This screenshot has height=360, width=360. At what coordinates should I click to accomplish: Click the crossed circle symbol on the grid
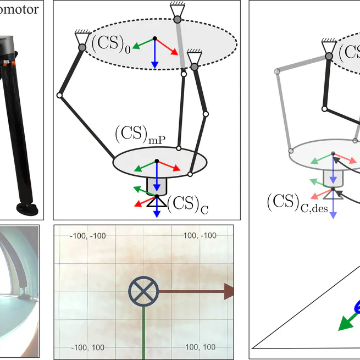point(143,291)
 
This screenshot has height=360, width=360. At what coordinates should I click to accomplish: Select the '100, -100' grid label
point(200,236)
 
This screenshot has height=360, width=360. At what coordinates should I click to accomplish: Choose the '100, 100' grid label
point(200,347)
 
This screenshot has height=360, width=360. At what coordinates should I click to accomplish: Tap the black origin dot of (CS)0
point(155,38)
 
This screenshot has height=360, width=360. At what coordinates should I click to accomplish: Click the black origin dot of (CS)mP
point(157,161)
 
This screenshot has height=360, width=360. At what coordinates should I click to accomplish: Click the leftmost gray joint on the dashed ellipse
point(82,48)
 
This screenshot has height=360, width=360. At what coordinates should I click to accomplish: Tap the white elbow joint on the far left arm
point(59,96)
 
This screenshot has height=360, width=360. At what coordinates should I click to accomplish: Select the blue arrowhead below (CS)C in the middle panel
point(157,213)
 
